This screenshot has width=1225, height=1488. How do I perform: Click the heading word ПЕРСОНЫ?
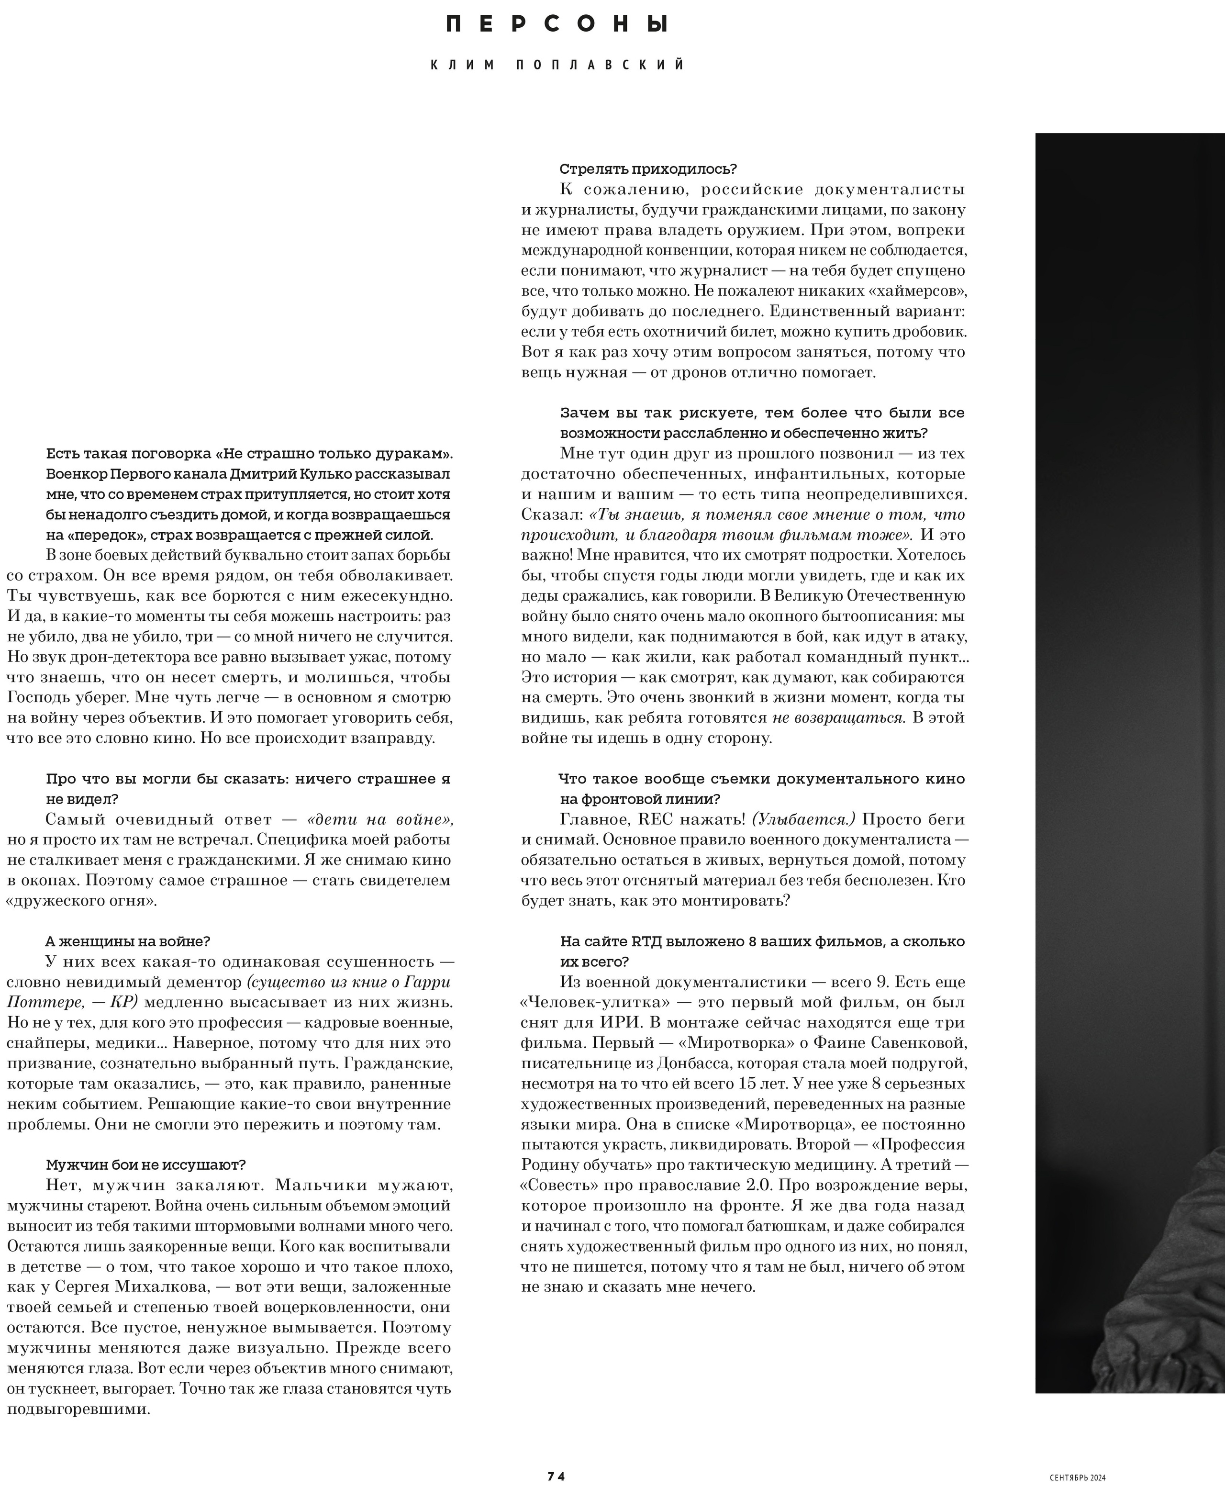(x=557, y=25)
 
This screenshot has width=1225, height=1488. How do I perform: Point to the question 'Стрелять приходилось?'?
(x=648, y=169)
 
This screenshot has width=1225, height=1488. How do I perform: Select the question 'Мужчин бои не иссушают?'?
(x=145, y=1165)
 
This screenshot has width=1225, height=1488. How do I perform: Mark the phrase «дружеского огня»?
(x=81, y=901)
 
